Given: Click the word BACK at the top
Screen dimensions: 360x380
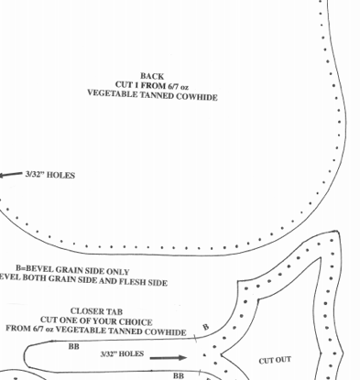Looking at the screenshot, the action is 152,76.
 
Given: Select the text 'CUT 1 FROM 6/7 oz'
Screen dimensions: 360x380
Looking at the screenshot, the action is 152,85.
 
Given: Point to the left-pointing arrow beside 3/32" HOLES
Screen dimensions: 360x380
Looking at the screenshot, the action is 11,175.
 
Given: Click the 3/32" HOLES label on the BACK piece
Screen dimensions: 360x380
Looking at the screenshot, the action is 49,175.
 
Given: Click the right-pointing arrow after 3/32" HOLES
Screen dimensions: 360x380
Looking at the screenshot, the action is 167,358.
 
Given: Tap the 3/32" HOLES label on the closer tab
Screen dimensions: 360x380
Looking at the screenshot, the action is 122,353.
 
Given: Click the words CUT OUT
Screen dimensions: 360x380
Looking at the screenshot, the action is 275,361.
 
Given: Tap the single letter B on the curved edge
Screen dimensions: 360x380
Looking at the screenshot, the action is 205,327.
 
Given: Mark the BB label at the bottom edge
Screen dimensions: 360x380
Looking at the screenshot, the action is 179,375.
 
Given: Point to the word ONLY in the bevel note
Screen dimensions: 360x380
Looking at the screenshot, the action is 116,272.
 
